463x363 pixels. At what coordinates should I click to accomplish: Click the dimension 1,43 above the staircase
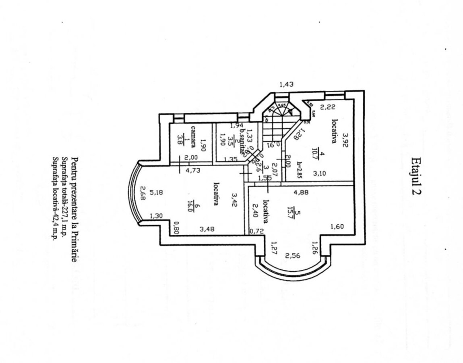point(287,84)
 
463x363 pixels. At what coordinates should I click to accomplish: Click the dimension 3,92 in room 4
point(345,140)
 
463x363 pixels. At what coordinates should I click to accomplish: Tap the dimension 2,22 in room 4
point(327,107)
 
